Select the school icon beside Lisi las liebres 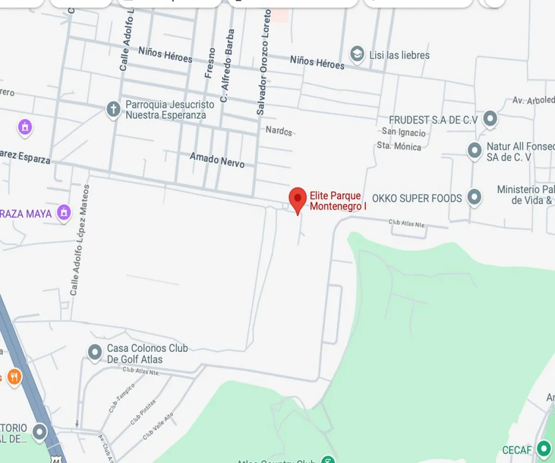coord(357,54)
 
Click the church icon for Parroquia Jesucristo coord(113,110)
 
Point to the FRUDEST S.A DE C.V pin coord(490,119)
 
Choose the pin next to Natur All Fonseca coord(474,150)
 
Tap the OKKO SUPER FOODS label coord(417,199)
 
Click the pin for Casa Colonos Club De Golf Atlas coord(95,352)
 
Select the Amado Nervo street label coord(217,160)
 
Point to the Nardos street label coord(279,131)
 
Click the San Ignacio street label coord(403,133)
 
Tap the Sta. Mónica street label coord(399,146)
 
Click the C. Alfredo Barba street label coord(227,66)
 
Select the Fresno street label coord(210,63)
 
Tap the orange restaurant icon coord(14,377)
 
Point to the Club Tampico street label coord(121,398)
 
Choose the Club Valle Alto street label coord(158,426)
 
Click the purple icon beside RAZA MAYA coord(64,213)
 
